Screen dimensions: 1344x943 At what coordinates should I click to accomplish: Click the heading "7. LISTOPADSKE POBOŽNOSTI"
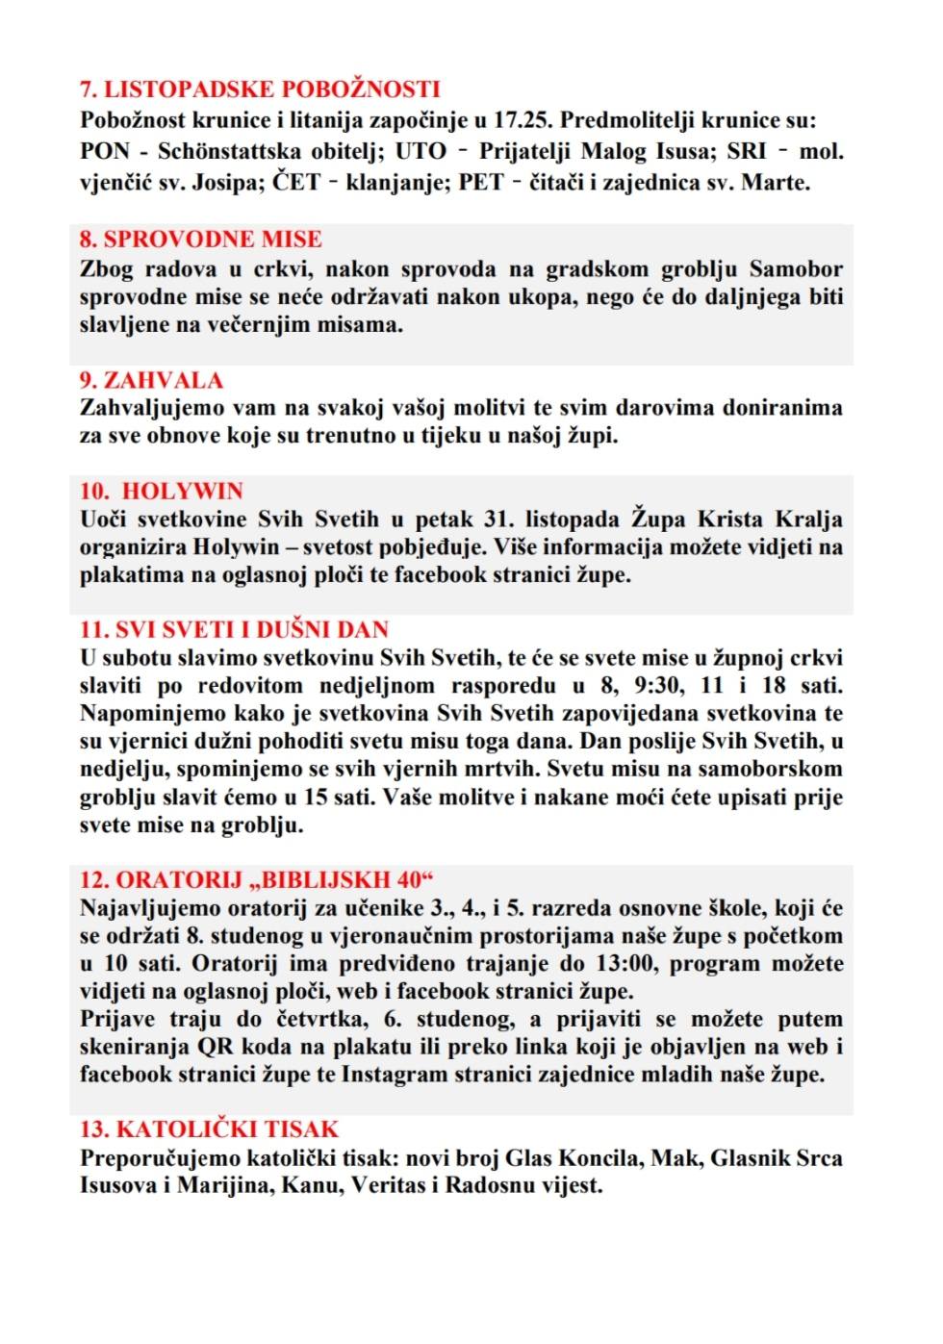tap(260, 89)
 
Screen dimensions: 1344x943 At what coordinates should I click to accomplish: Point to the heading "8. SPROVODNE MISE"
tap(200, 239)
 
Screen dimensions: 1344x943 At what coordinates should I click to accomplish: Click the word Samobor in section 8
tap(796, 268)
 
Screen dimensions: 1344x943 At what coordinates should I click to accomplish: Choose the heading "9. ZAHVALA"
tap(151, 380)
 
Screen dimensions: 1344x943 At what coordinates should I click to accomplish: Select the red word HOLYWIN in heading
tap(183, 491)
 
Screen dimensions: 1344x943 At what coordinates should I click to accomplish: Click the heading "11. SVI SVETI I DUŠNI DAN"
tap(234, 629)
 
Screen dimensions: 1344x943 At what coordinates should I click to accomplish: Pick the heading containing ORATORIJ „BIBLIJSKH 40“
tap(257, 879)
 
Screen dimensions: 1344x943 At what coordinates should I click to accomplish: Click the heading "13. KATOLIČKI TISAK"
tap(209, 1129)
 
